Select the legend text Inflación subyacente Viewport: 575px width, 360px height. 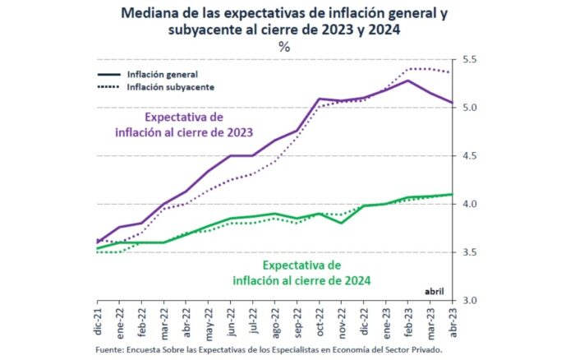(171, 86)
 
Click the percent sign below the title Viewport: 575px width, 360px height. (284, 47)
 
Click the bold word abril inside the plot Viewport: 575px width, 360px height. (435, 291)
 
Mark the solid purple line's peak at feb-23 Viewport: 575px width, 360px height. (407, 80)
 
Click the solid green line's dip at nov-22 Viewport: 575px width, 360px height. (342, 223)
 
